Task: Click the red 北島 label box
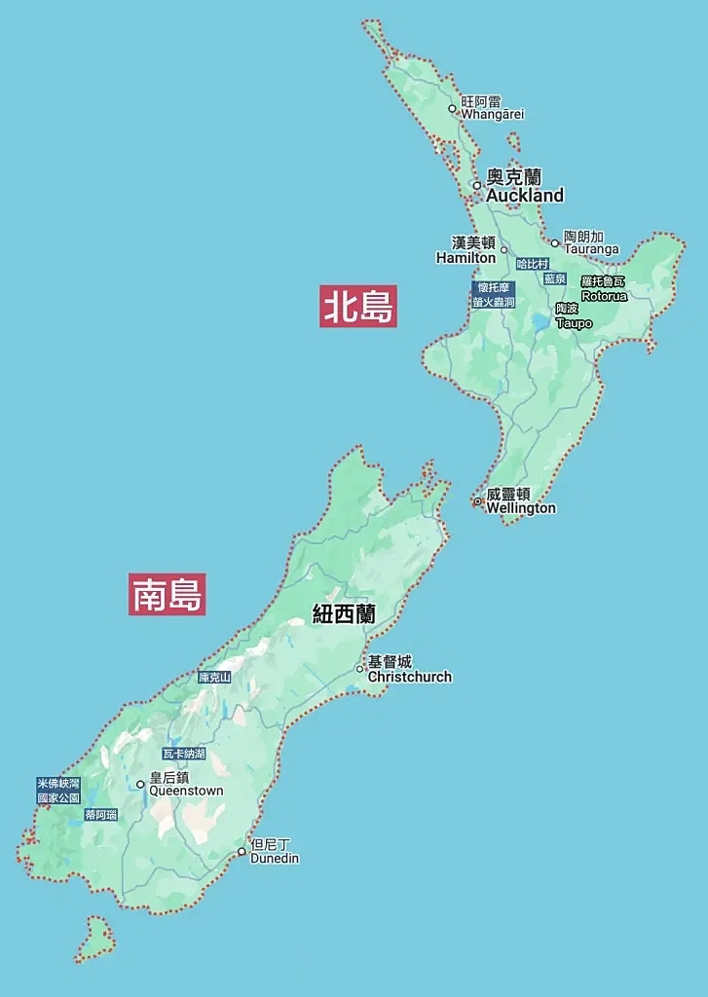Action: [358, 306]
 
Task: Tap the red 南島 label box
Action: [167, 594]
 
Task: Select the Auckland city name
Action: [525, 196]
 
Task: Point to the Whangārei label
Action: [492, 114]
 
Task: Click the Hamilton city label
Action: [466, 258]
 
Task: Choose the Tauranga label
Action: [591, 249]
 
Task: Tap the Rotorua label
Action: [604, 296]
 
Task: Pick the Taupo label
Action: [574, 323]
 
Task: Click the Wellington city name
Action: [521, 508]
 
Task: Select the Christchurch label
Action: [409, 677]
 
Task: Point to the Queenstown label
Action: [186, 791]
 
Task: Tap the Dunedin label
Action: [275, 859]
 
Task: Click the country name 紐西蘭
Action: [344, 614]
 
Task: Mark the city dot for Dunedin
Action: [242, 852]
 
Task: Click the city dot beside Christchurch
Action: [359, 669]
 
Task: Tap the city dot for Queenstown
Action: [140, 784]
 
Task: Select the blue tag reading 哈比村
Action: [533, 264]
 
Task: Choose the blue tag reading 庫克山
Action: [214, 677]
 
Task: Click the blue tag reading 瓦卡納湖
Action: [184, 754]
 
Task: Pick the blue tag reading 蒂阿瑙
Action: [100, 815]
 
